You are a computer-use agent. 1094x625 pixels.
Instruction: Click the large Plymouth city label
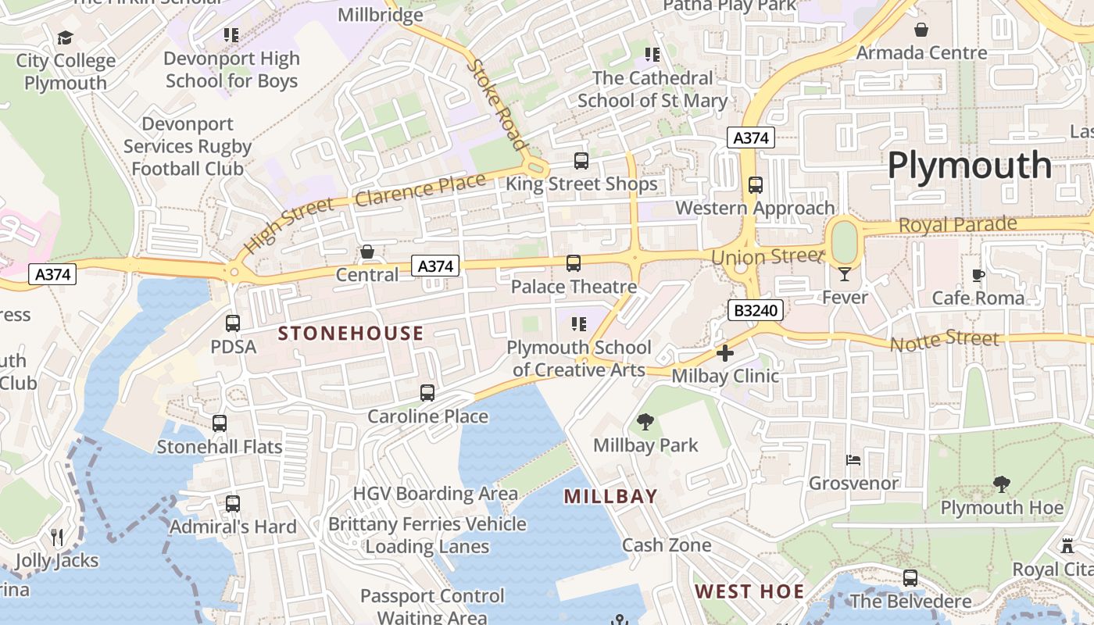(969, 166)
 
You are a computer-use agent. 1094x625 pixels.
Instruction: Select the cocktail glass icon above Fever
(845, 273)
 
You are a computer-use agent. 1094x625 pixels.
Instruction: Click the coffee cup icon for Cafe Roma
(978, 275)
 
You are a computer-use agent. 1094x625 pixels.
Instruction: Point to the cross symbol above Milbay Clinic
(725, 353)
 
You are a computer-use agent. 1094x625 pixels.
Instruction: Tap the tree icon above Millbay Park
(645, 422)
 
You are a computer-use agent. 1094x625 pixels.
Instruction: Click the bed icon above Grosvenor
(853, 460)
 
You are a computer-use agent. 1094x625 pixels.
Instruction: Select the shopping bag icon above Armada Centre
(922, 30)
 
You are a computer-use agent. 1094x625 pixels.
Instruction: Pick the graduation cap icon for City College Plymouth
(66, 37)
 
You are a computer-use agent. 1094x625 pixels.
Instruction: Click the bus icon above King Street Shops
(581, 161)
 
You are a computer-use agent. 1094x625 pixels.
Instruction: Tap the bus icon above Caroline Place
(427, 393)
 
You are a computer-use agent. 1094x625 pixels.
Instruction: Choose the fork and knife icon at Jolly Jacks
(56, 537)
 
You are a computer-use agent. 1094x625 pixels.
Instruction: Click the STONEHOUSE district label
(351, 334)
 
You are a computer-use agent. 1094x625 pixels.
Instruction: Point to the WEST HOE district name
(749, 591)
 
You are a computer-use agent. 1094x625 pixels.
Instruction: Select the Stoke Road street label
(497, 104)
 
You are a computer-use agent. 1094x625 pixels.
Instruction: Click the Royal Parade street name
(957, 225)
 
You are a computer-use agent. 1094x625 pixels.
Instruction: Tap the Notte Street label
(944, 340)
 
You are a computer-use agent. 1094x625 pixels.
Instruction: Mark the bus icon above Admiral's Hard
(233, 504)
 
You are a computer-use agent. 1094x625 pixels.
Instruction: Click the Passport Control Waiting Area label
(432, 606)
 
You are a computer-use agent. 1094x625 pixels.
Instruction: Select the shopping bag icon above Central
(367, 252)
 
